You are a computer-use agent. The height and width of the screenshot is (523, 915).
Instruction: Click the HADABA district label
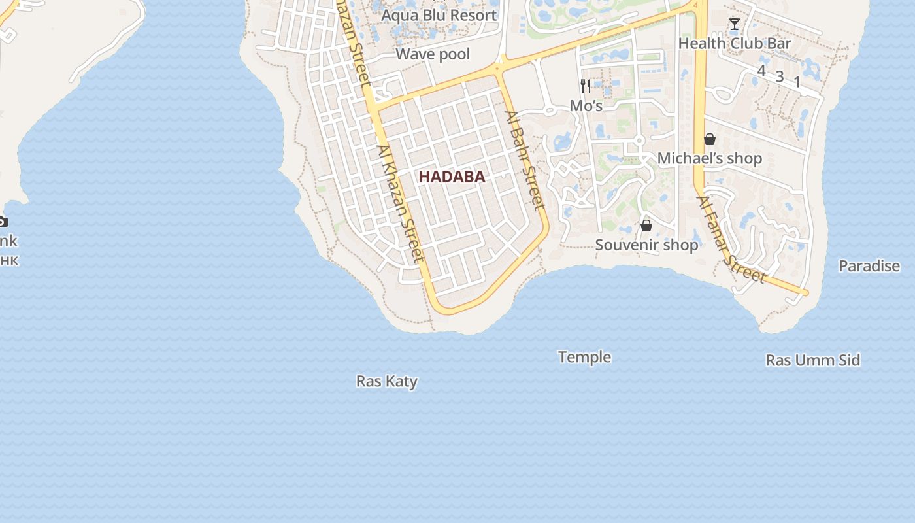452,177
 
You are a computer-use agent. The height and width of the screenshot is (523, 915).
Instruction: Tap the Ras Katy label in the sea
386,381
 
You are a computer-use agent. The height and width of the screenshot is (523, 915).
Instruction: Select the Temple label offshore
584,357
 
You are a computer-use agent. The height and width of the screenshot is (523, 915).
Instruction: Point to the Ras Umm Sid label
812,360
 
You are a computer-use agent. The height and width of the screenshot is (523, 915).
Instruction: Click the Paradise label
869,266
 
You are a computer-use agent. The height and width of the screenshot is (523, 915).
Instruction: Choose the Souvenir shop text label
646,245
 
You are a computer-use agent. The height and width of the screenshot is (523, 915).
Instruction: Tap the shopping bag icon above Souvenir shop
646,226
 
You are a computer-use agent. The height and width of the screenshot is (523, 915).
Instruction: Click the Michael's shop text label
709,158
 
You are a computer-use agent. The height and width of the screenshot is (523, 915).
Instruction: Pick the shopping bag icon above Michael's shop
709,139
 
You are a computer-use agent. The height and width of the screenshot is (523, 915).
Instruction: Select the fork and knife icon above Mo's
586,86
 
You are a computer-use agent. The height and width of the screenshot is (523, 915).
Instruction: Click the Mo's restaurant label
586,105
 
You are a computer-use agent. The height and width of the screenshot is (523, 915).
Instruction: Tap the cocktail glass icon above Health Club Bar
735,25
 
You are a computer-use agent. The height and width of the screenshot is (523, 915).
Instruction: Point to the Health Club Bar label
735,44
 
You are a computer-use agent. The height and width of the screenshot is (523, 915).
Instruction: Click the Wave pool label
433,54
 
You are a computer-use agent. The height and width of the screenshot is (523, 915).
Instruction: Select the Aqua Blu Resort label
439,15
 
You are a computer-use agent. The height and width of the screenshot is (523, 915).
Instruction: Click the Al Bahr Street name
524,161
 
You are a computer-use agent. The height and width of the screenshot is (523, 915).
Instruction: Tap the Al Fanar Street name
731,241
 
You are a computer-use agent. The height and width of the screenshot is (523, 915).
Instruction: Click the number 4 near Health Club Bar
761,71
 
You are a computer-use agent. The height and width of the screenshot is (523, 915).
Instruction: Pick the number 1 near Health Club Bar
797,82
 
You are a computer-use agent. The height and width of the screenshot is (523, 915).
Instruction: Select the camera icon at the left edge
3,222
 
